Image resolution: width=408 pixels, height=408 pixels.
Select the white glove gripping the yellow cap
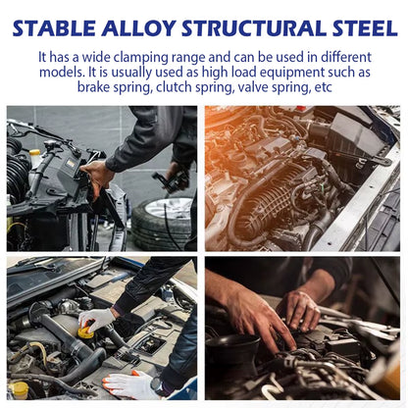click(98, 318)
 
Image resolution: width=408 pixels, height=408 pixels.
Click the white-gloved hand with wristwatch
click(133, 383)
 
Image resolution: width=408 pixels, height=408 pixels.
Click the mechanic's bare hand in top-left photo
click(97, 174)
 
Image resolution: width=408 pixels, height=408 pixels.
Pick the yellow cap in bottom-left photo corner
click(18, 389)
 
